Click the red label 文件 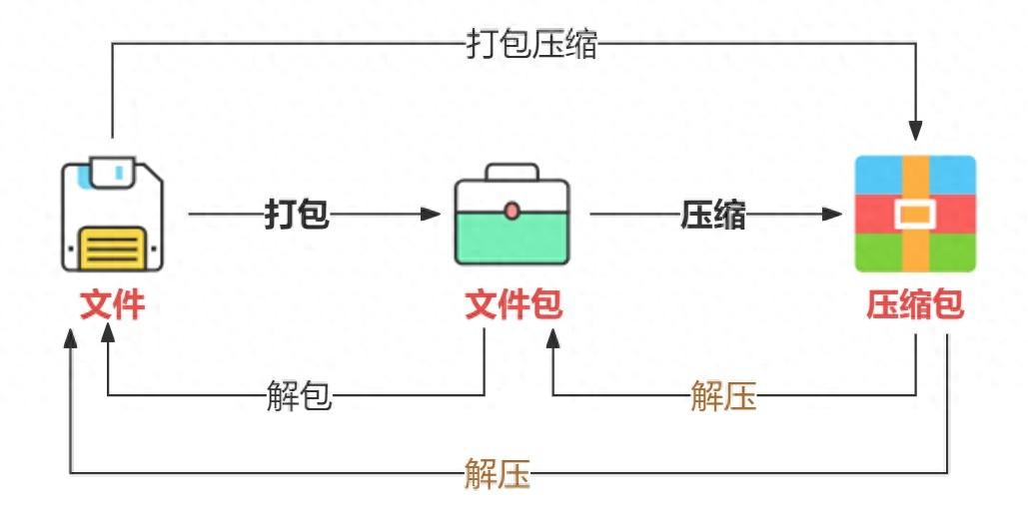point(112,303)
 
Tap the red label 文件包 point(514,303)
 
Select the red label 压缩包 point(914,303)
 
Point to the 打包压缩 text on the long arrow point(531,44)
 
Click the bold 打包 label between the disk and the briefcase point(297,214)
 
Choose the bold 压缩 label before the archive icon point(713,214)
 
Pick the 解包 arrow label point(300,396)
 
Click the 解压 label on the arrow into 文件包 point(723,396)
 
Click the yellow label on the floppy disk point(113,247)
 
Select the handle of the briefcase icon point(512,172)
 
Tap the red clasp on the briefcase point(512,211)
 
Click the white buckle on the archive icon point(914,214)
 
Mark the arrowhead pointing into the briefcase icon point(431,214)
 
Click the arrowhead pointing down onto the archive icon point(915,131)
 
